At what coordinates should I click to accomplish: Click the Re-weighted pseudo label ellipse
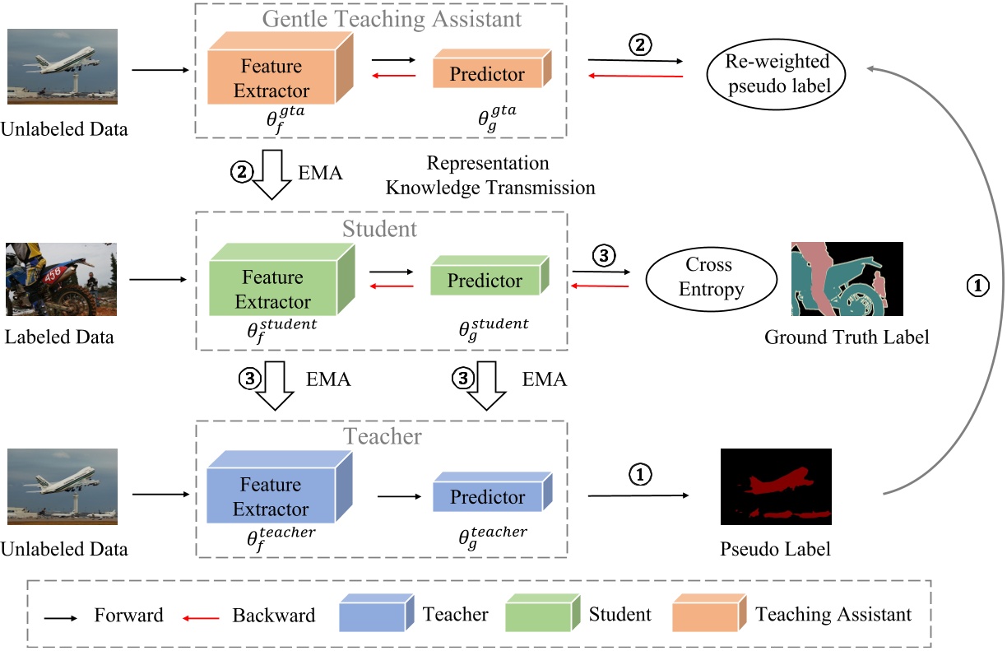coord(776,75)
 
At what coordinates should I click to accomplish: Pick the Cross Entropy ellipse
coord(712,277)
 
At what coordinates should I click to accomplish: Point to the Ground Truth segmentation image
coord(846,279)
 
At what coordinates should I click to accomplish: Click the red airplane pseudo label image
coord(775,486)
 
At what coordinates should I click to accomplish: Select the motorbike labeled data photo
coord(61,279)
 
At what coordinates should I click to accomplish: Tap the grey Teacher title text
coord(383,435)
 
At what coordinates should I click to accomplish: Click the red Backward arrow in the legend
coord(201,616)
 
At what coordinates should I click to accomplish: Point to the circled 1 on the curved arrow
coord(976,285)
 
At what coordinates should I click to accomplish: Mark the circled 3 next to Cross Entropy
coord(603,256)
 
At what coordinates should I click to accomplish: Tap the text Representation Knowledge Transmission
coord(490,175)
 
